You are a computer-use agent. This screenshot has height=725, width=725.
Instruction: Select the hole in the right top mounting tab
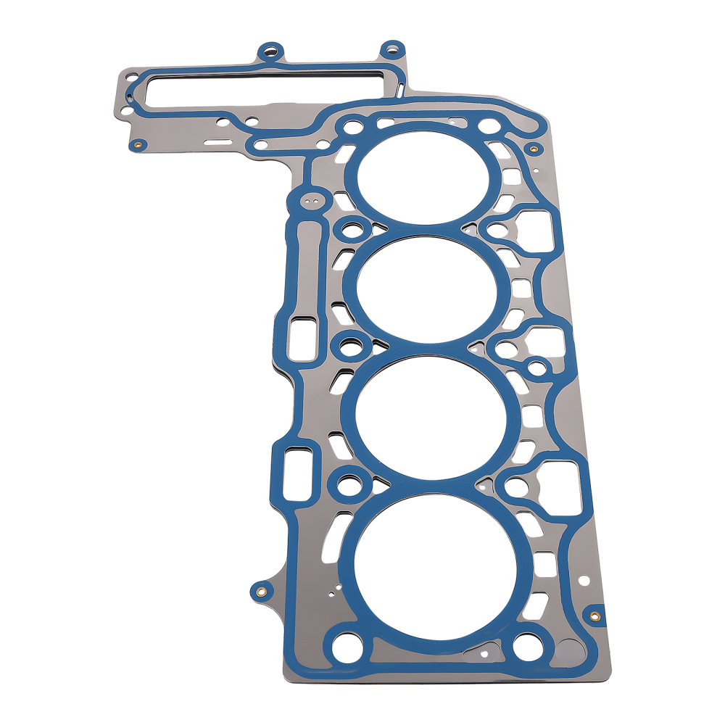[x=392, y=50]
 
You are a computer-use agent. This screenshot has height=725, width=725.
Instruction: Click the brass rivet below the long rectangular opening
[x=135, y=146]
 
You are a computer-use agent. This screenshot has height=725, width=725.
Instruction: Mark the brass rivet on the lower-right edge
[x=594, y=616]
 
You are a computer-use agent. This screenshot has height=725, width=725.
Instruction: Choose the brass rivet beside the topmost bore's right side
[x=534, y=149]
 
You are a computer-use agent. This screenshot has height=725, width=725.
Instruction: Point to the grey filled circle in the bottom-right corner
[x=570, y=650]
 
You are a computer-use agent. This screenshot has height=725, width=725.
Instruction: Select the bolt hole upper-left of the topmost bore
[x=353, y=128]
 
